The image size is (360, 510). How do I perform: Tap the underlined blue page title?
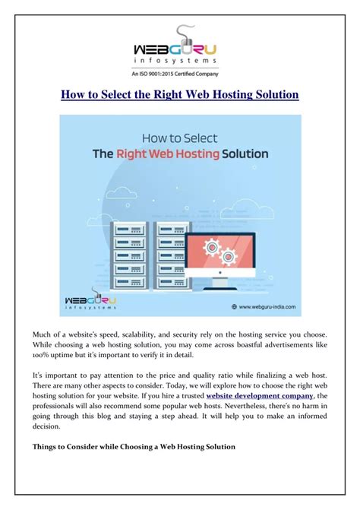click(180, 94)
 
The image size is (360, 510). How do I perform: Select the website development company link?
click(260, 396)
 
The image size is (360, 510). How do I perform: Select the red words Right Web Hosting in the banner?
click(168, 154)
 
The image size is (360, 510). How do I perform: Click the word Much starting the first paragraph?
click(43, 335)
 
